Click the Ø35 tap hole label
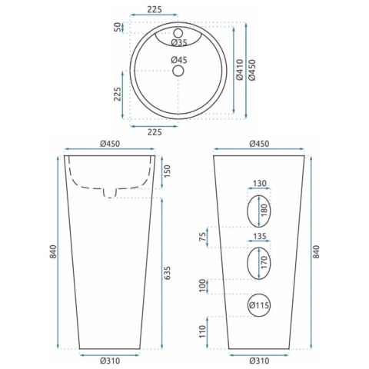pos(179,42)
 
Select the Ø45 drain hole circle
pos(178,71)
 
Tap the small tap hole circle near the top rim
pos(178,33)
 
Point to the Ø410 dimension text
pos(239,70)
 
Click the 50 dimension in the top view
pos(118,27)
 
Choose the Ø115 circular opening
pos(259,305)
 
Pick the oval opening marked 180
pos(259,211)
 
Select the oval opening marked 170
pos(259,264)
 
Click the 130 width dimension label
pos(260,184)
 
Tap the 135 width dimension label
pos(260,236)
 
